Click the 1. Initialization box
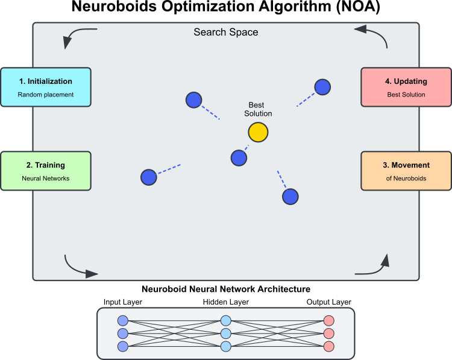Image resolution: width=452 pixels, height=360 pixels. coord(45,87)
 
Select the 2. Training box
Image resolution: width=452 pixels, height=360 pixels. coord(45,171)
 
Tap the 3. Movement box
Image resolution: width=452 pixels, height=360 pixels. coord(406,171)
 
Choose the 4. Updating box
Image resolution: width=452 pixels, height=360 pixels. coord(406,87)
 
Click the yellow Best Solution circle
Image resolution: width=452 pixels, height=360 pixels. coord(258,133)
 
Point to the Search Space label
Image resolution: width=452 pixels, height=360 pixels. coord(225,32)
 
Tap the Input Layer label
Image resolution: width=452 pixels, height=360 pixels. coord(123,302)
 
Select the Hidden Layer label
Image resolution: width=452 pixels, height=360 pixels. coord(226,302)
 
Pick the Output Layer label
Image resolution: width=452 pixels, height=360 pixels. coord(328,302)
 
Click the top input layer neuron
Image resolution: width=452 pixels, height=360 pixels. coord(123,321)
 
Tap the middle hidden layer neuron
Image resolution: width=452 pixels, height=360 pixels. coord(226,333)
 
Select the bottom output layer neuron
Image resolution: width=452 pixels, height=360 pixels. coord(328,346)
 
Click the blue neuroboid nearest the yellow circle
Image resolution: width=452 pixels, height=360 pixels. coord(239,158)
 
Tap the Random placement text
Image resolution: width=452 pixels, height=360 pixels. coord(45,95)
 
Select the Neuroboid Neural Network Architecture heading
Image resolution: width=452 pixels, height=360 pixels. coord(225,289)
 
